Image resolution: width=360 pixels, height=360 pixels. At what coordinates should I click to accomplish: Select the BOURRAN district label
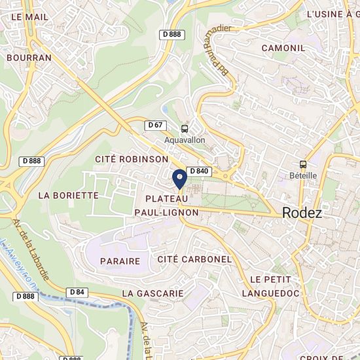(x=28, y=58)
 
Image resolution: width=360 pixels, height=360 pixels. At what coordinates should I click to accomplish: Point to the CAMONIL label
(x=283, y=48)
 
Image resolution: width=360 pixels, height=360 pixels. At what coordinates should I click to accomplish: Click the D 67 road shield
(x=156, y=125)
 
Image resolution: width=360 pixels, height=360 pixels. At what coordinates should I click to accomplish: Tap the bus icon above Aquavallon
(x=185, y=129)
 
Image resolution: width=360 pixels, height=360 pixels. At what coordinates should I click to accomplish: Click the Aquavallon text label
(x=185, y=140)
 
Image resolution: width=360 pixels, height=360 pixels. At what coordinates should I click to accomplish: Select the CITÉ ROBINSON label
(x=132, y=159)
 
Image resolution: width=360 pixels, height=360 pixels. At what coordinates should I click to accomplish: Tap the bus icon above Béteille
(x=302, y=165)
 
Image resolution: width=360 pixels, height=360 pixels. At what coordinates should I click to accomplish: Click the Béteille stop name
(x=302, y=175)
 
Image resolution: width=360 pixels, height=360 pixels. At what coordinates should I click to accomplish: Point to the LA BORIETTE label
(x=68, y=195)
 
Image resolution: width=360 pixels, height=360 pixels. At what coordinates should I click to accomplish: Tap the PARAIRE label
(x=120, y=261)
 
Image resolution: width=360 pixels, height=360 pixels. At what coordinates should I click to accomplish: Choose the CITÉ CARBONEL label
(x=194, y=259)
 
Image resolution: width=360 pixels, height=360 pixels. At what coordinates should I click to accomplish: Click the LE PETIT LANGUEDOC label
(x=270, y=287)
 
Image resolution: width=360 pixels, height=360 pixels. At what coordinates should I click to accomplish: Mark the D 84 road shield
(x=77, y=292)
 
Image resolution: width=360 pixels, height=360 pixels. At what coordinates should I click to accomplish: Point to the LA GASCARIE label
(x=153, y=293)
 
